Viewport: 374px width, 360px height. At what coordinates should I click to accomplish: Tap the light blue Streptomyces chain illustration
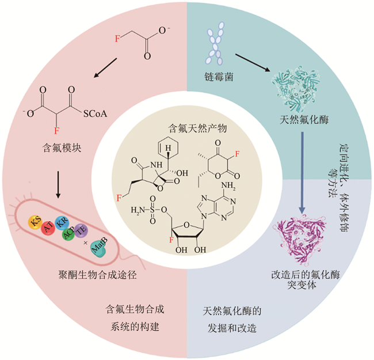click(215, 43)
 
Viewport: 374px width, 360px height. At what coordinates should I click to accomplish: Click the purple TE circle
click(83, 229)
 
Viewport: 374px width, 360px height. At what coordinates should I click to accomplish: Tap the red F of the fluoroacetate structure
click(118, 39)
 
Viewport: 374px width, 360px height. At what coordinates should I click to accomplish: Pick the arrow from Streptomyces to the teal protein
click(252, 62)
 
